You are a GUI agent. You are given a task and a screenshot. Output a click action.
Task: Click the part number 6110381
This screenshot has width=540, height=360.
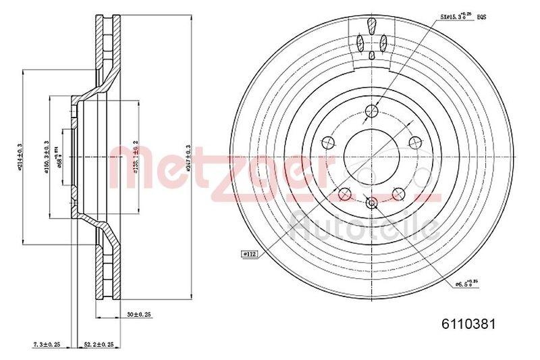pyautogui.click(x=461, y=324)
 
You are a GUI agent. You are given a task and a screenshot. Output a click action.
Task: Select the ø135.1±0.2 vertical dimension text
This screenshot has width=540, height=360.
pyautogui.click(x=136, y=156)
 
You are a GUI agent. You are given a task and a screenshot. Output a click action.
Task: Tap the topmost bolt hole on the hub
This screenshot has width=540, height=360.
pyautogui.click(x=371, y=112)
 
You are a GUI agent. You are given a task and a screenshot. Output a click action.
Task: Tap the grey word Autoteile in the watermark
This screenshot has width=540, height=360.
pyautogui.click(x=363, y=224)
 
